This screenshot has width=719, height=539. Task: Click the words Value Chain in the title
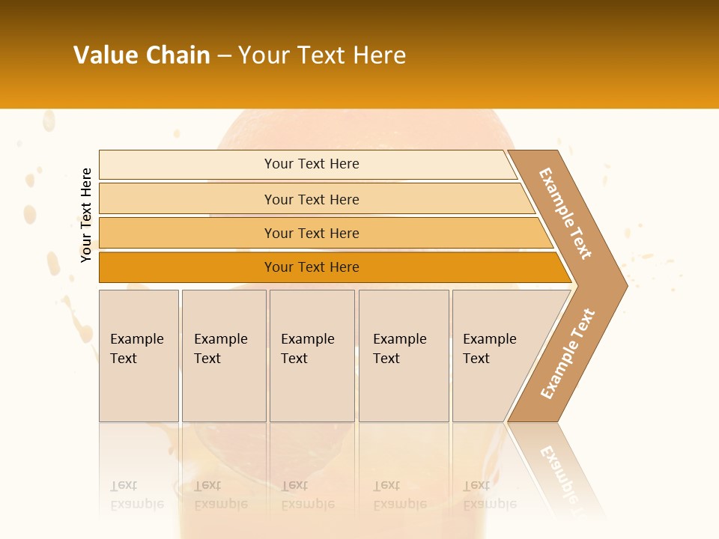click(x=142, y=55)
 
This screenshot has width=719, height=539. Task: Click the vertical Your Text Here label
click(x=86, y=215)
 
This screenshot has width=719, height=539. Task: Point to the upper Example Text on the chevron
click(x=565, y=213)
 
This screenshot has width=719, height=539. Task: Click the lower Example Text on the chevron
click(x=568, y=353)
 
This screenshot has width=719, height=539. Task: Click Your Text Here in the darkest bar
click(x=312, y=267)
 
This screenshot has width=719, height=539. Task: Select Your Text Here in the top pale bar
click(x=312, y=164)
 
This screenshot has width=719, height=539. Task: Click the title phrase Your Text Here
click(x=322, y=55)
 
